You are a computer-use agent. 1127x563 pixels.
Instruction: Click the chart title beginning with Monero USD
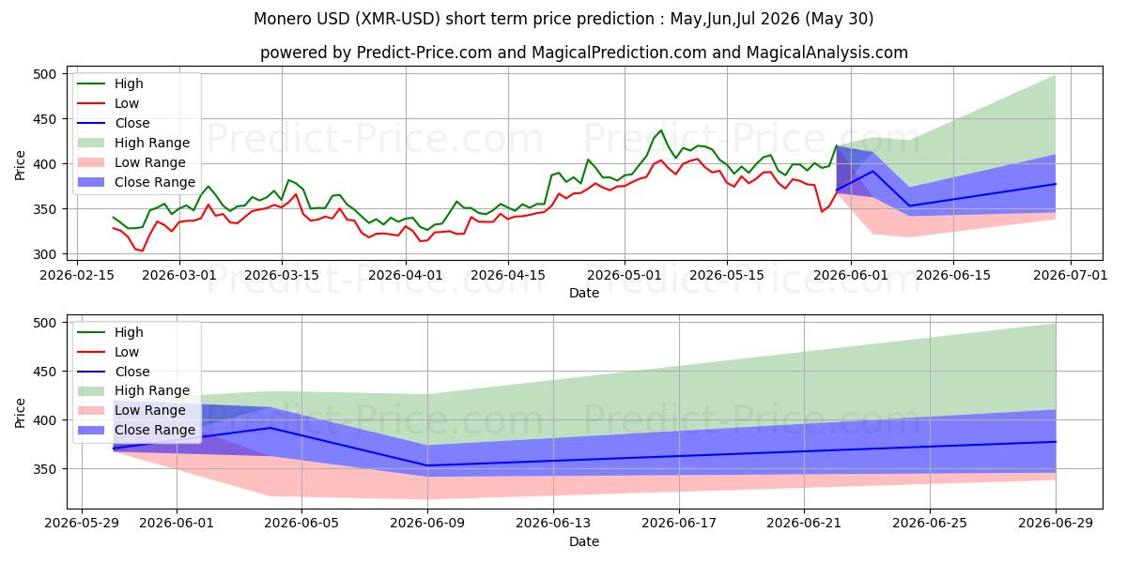pyautogui.click(x=563, y=19)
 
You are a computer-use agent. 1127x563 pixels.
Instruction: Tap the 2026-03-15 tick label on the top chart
pyautogui.click(x=282, y=276)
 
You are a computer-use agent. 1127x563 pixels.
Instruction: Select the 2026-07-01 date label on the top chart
pyautogui.click(x=1070, y=276)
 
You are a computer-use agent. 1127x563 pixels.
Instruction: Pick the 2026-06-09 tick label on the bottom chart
pyautogui.click(x=427, y=524)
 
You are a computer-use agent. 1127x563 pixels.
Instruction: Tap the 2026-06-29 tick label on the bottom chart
pyautogui.click(x=1056, y=524)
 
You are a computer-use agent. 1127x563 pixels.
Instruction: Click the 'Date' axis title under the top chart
pyautogui.click(x=584, y=293)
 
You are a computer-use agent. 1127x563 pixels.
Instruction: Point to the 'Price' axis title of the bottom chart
pyautogui.click(x=20, y=413)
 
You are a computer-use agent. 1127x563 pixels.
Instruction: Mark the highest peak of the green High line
pyautogui.click(x=661, y=130)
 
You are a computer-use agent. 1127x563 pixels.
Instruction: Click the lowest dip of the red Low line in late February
pyautogui.click(x=143, y=251)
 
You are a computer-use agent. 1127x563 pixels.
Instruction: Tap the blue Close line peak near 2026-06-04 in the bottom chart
pyautogui.click(x=270, y=428)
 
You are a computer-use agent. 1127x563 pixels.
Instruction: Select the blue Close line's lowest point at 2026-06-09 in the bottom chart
pyautogui.click(x=427, y=465)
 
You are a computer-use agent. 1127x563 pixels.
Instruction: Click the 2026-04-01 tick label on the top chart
pyautogui.click(x=406, y=276)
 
